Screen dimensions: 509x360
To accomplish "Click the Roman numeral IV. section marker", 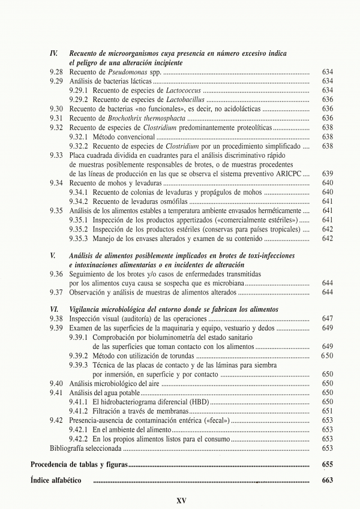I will pos(53,53).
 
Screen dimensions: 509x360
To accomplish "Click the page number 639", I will pos(327,174).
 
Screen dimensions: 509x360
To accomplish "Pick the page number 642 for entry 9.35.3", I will pos(327,238).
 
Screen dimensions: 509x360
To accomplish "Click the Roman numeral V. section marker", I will pos(53,256).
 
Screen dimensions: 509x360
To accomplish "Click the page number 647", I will pos(327,318).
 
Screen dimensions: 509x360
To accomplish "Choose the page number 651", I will pos(327,411).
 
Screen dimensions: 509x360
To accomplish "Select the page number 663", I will pos(327,481).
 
